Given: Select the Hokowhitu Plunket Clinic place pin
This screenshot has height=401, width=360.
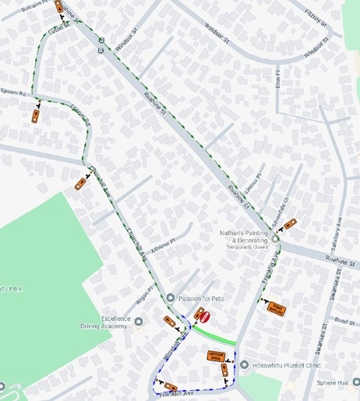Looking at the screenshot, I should tap(244, 364).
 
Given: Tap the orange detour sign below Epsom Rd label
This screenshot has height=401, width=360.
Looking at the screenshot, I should tap(35, 116).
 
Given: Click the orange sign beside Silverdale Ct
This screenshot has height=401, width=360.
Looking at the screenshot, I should tap(290, 224).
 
